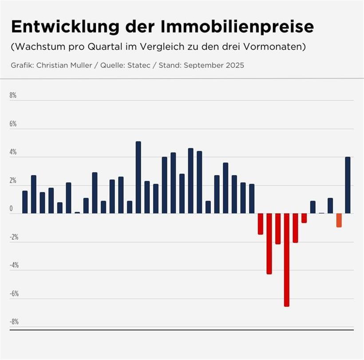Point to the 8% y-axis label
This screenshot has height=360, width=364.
13,95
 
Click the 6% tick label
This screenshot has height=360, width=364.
13,124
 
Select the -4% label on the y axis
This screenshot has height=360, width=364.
14,265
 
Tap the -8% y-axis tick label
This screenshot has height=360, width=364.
14,321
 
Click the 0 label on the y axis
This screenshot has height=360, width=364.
12,208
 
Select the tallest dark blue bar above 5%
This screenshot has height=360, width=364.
138,177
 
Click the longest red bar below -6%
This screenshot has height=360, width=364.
287,259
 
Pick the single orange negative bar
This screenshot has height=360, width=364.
339,220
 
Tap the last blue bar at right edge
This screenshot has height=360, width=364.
348,185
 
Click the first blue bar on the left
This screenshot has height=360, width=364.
25,202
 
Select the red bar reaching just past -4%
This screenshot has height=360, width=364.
269,243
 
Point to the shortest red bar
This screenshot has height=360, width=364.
304,218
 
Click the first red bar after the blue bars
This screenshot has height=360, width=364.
261,224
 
